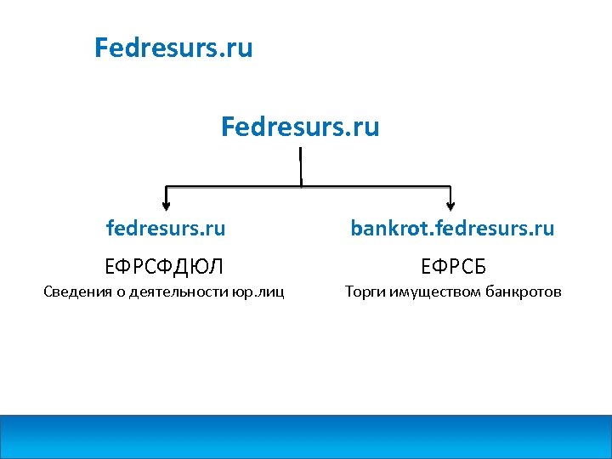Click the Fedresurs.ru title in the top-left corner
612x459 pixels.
pyautogui.click(x=173, y=48)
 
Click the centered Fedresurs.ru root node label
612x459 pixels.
pyautogui.click(x=300, y=127)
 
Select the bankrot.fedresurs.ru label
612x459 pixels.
pyautogui.click(x=452, y=228)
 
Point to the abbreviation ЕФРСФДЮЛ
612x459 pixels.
pyautogui.click(x=164, y=267)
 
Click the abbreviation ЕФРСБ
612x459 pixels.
pyautogui.click(x=452, y=267)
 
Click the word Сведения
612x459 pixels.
pyautogui.click(x=76, y=293)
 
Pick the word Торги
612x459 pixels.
pyautogui.click(x=363, y=293)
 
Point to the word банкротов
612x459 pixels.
pyautogui.click(x=524, y=293)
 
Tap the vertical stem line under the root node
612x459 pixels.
pyautogui.click(x=301, y=166)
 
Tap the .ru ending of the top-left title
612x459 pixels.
pyautogui.click(x=237, y=48)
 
